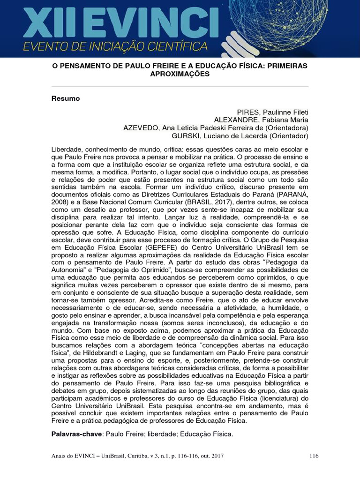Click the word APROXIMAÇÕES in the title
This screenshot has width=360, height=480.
pos(180,74)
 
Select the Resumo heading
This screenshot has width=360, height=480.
pos(65,98)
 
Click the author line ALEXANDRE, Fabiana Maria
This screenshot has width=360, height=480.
pos(261,120)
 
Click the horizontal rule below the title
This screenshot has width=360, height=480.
pos(180,87)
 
